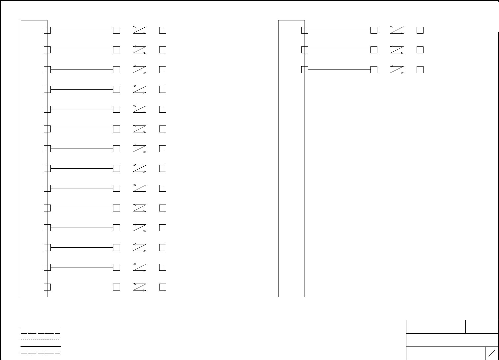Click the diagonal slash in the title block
click(492, 353)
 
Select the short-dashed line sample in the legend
click(41, 340)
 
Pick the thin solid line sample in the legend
click(41, 327)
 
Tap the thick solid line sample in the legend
click(41, 346)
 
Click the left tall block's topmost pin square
click(47, 30)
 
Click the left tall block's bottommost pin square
click(47, 287)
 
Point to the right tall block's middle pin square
click(305, 50)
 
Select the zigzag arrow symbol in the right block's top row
click(397, 30)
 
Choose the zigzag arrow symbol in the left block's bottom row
click(139, 287)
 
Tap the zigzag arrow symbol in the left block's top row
click(139, 30)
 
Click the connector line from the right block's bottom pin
click(339, 69)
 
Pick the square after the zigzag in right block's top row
click(420, 30)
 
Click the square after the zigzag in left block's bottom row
click(162, 287)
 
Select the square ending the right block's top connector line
click(374, 30)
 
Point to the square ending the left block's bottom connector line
click(116, 287)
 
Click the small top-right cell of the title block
click(482, 326)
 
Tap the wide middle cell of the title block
click(452, 340)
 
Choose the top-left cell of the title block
click(436, 326)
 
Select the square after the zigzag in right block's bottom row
click(420, 69)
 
